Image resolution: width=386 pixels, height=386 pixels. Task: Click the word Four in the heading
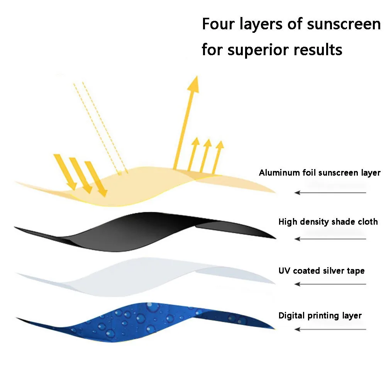pos(218,24)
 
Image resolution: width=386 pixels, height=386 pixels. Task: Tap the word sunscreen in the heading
pos(344,24)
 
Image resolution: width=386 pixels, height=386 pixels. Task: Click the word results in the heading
pos(318,50)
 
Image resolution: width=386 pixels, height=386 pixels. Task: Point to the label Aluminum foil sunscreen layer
pos(320,173)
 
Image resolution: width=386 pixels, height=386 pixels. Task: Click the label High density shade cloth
pos(328,222)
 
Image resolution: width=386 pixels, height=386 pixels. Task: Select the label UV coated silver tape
pos(322,271)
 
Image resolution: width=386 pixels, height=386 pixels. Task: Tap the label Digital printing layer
pos(320,316)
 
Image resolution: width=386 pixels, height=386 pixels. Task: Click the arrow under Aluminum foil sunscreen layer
pos(330,192)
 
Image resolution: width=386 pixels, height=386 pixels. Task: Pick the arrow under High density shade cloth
pos(330,239)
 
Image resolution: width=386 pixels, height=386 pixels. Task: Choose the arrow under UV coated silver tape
pos(330,284)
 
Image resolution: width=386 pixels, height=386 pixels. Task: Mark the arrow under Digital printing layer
pos(330,329)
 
